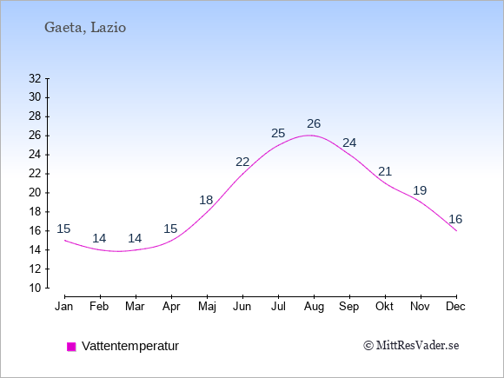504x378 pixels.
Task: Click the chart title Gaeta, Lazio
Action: click(x=85, y=28)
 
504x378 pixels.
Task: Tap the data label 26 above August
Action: click(x=314, y=123)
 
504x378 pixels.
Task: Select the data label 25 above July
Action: click(x=278, y=133)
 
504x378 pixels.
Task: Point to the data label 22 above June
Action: click(x=242, y=162)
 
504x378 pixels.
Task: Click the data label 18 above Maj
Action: click(x=206, y=200)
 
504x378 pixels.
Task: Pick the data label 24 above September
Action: click(x=349, y=143)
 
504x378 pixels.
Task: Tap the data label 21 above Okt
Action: click(x=385, y=171)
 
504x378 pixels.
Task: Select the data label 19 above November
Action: click(x=420, y=190)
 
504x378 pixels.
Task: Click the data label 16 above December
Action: click(x=455, y=219)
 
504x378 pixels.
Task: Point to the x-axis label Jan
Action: click(x=64, y=307)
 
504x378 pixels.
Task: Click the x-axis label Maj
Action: click(x=207, y=307)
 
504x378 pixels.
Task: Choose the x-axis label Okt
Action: click(x=384, y=307)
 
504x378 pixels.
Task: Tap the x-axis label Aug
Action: click(x=314, y=307)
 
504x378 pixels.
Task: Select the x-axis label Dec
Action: click(x=455, y=307)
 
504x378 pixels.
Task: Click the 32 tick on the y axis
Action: click(x=35, y=78)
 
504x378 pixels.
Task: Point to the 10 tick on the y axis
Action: click(x=35, y=288)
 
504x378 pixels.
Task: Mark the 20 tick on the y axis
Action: click(x=35, y=193)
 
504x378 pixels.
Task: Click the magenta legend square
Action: click(x=71, y=347)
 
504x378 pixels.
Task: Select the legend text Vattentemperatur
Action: click(x=130, y=346)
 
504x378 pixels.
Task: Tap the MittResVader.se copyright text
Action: click(x=411, y=346)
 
